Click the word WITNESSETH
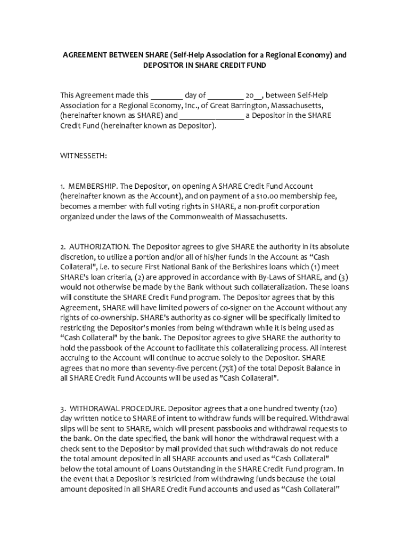tap(84, 156)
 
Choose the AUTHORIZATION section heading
tap(99, 246)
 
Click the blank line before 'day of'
tap(167, 96)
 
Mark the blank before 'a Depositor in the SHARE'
tap(211, 116)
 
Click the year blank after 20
tap(258, 96)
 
